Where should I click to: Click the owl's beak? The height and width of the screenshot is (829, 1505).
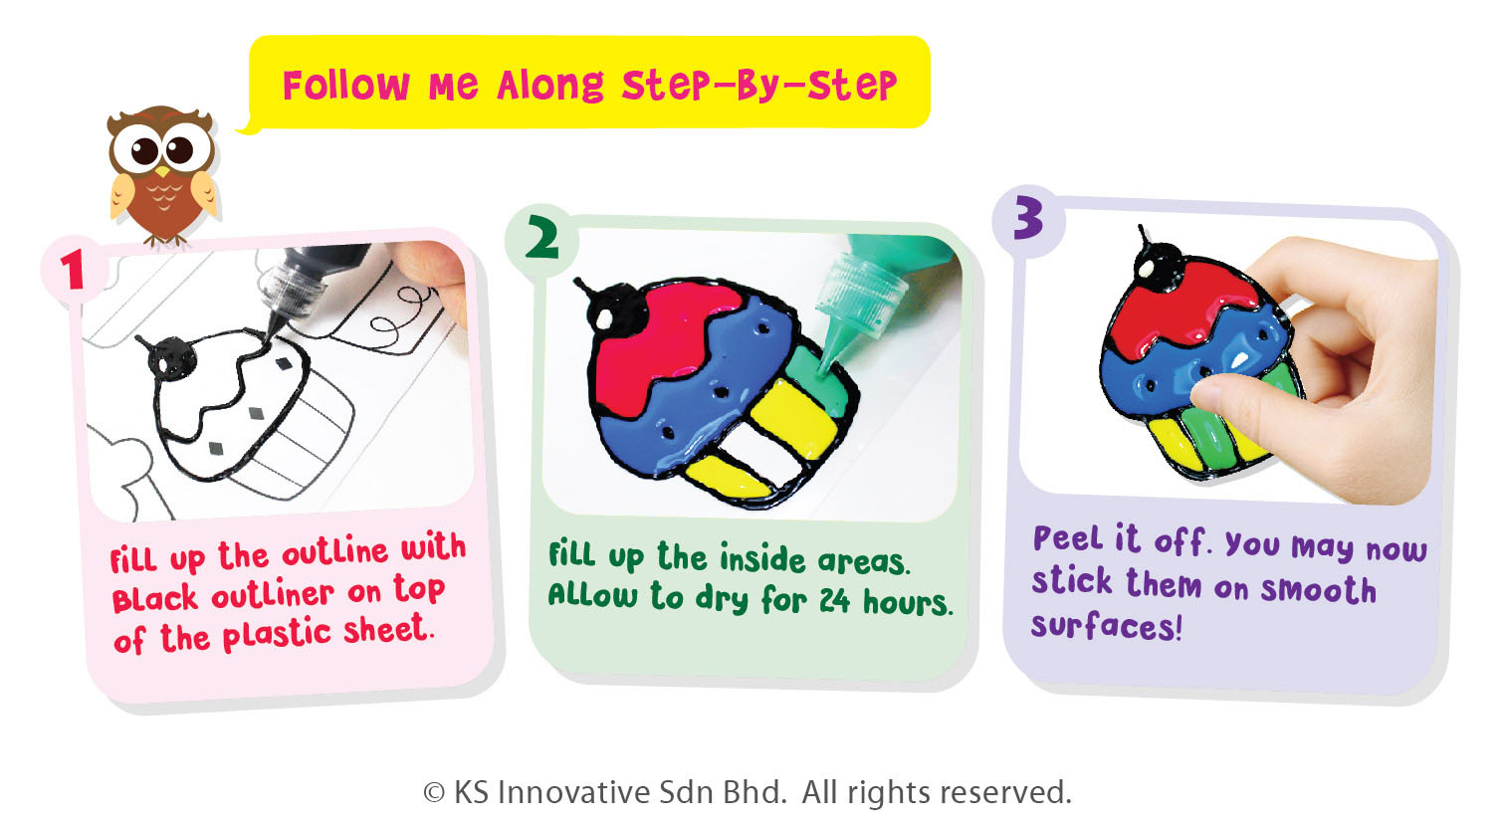tap(162, 172)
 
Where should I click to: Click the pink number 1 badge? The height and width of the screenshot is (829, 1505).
tap(74, 270)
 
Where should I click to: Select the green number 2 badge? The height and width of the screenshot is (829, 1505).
tap(541, 238)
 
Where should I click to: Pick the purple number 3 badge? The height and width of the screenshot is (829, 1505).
tap(1028, 218)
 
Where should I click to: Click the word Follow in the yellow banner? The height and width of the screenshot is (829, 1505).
tap(346, 86)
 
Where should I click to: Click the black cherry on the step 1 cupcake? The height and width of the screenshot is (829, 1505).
tap(172, 357)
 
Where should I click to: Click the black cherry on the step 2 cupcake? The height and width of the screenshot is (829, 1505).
tap(617, 310)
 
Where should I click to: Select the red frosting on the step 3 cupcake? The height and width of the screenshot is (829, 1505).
tap(1182, 303)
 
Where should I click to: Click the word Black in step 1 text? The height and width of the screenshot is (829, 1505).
tap(154, 598)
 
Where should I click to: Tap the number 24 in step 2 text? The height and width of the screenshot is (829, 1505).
tap(834, 600)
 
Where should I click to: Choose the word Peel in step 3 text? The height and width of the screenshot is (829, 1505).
tap(1068, 537)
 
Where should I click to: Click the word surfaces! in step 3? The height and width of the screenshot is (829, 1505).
tap(1106, 625)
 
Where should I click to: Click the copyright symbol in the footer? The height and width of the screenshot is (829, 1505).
tap(434, 793)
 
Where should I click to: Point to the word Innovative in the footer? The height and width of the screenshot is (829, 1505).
tap(573, 792)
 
